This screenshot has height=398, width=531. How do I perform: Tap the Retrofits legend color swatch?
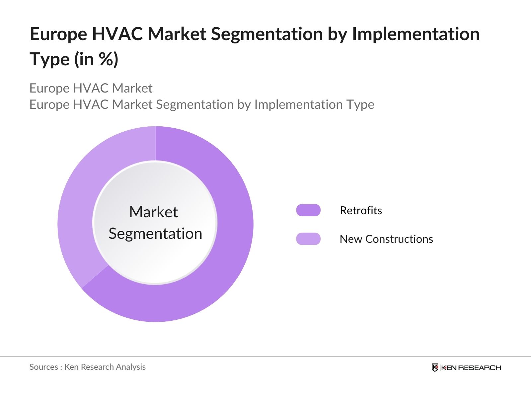point(308,210)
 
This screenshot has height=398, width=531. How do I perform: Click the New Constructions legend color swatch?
point(308,239)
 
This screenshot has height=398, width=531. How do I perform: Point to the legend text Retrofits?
point(361,211)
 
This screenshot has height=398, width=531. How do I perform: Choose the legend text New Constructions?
point(386,239)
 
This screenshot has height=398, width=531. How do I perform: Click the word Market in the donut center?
point(153,212)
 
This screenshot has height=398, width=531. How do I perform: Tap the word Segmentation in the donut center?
point(155,234)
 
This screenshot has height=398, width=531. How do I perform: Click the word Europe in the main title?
point(58,34)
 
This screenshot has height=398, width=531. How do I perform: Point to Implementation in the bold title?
point(416,34)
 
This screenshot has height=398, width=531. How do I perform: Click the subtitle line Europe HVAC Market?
point(91,88)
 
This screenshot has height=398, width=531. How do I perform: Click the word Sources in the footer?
point(43,367)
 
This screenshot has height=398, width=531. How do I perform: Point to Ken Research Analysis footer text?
point(105,367)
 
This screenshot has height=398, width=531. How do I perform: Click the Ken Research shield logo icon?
point(435,367)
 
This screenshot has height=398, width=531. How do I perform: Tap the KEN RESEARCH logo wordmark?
point(471,367)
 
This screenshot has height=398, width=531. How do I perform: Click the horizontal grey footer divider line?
point(265,357)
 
